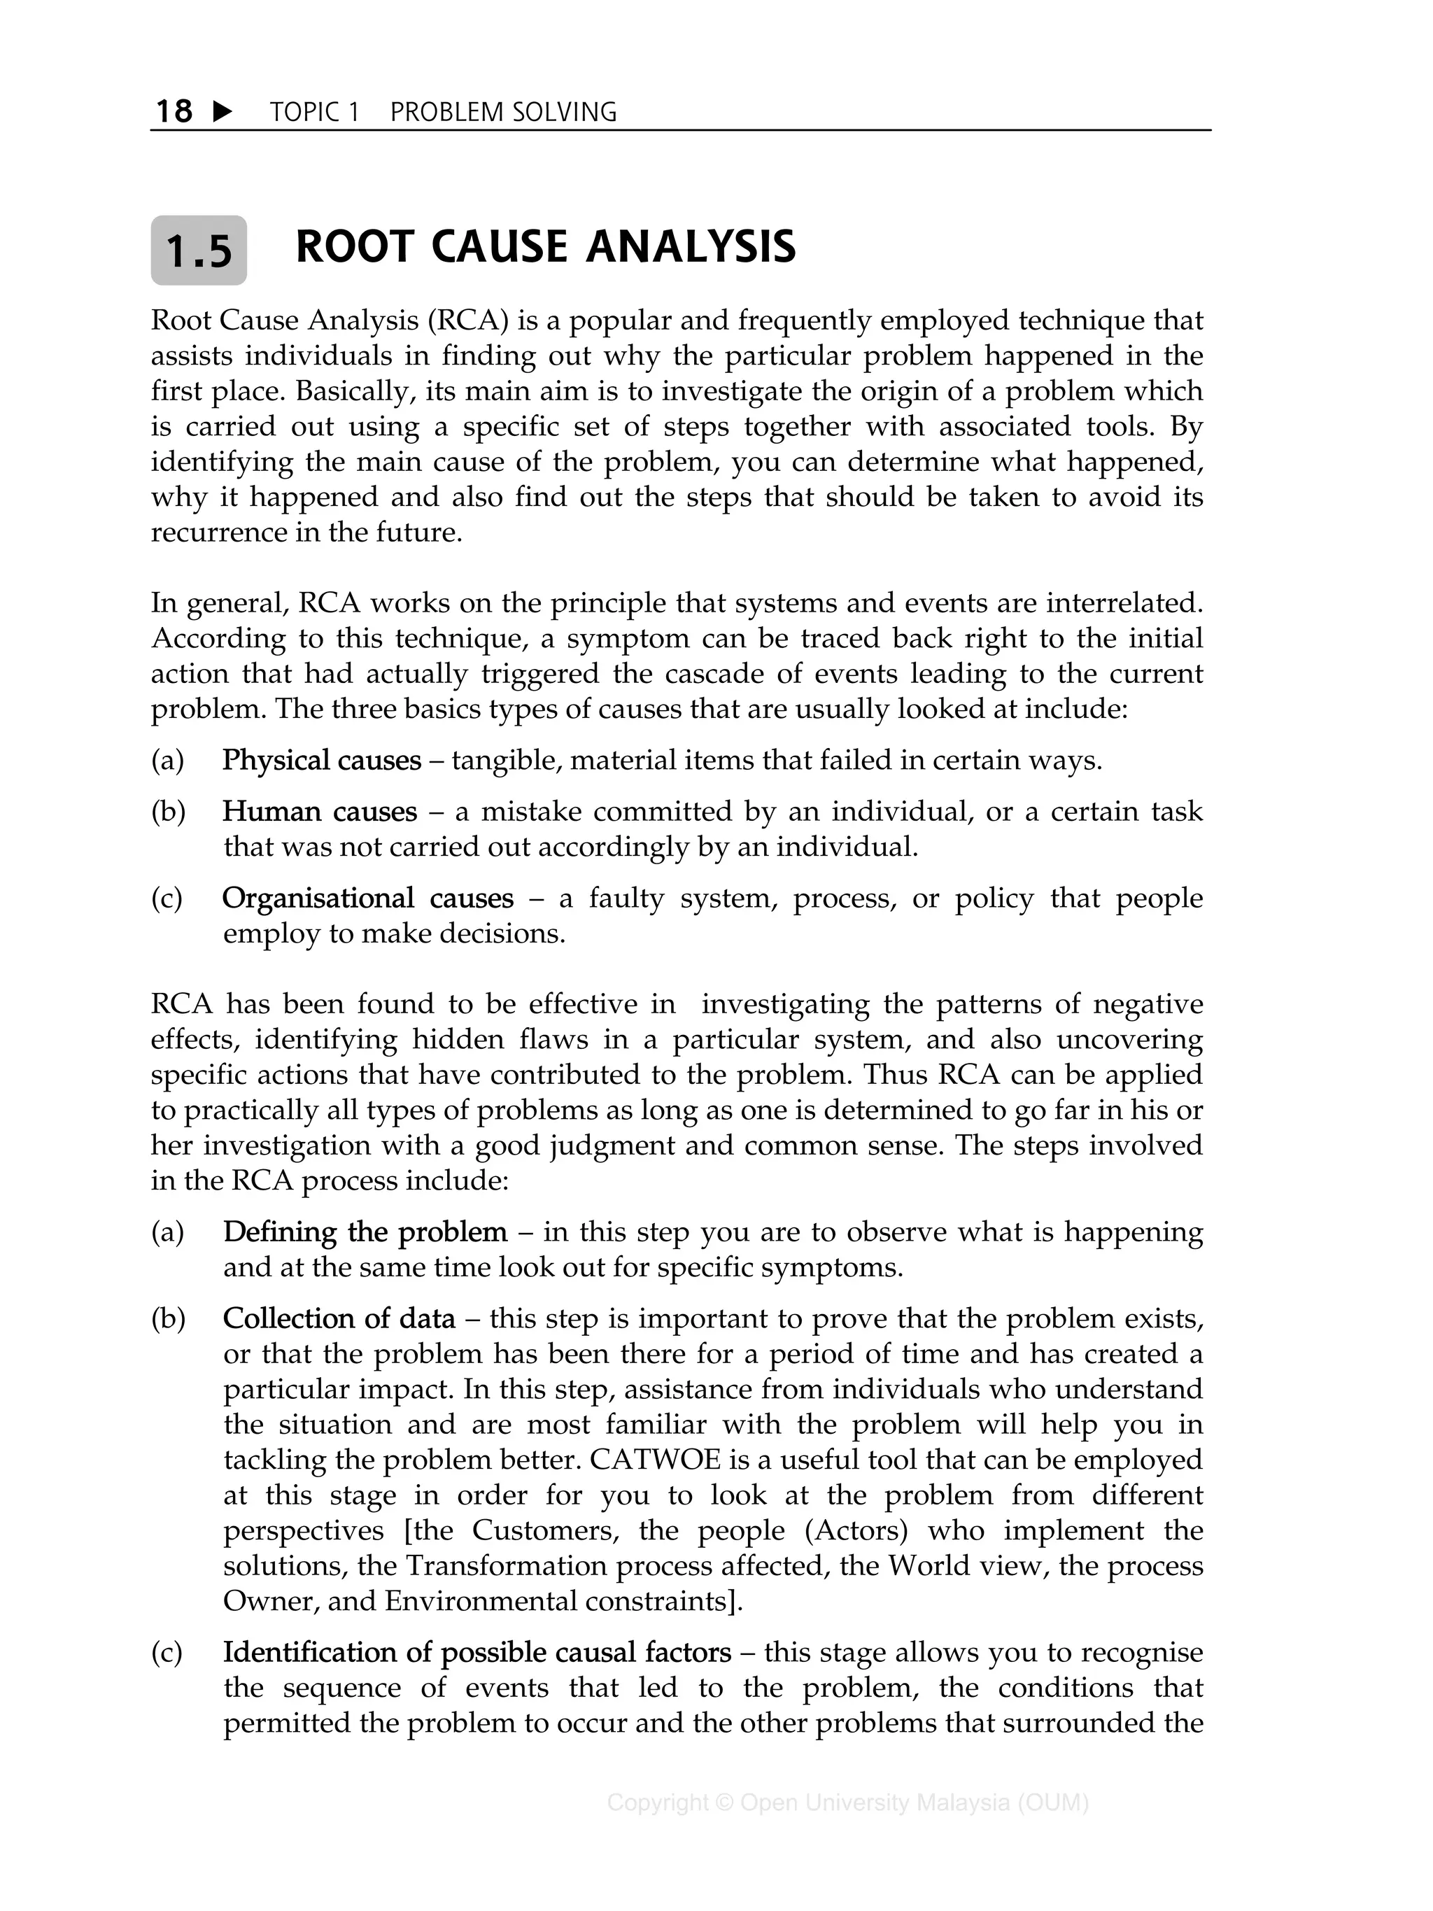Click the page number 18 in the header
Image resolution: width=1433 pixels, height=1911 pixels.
[x=174, y=111]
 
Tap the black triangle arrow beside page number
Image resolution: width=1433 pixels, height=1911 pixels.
[x=222, y=111]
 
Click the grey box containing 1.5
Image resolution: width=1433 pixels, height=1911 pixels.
[x=199, y=251]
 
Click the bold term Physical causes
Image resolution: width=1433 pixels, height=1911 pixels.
[x=321, y=760]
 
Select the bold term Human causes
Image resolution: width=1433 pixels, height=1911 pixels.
[x=319, y=812]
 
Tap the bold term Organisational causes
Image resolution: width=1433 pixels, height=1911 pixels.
[x=367, y=898]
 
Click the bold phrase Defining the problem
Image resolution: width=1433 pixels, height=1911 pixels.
[x=365, y=1232]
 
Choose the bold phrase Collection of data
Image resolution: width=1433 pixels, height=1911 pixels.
[x=339, y=1318]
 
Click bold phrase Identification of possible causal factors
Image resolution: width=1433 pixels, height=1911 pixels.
[x=477, y=1652]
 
